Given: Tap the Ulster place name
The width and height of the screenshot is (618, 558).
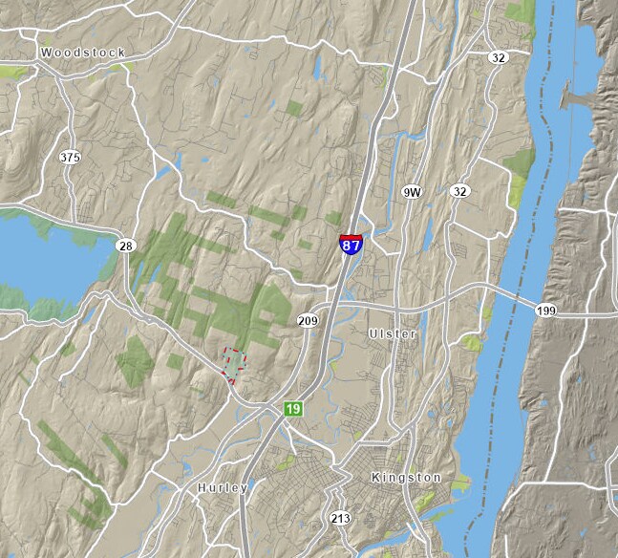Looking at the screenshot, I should click(x=393, y=333).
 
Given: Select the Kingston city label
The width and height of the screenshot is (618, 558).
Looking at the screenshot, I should click(x=406, y=477).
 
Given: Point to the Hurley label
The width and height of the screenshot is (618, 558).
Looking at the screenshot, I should click(x=223, y=487).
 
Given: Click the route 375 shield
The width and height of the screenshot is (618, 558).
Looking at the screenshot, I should click(x=69, y=157).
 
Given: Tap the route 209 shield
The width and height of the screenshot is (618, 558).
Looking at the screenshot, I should click(x=307, y=320).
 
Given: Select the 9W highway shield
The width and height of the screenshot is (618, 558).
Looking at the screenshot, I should click(x=412, y=192).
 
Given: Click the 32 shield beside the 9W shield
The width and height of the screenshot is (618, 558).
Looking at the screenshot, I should click(x=460, y=191).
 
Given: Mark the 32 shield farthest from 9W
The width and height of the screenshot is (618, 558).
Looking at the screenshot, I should click(x=498, y=57).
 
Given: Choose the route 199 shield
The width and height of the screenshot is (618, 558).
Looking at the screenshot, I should click(x=546, y=311).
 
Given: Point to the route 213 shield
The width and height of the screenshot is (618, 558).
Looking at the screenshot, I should click(x=339, y=519).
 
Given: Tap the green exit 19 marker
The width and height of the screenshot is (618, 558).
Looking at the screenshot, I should click(x=292, y=409).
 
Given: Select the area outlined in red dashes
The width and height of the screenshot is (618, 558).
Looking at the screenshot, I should click(x=233, y=361).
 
